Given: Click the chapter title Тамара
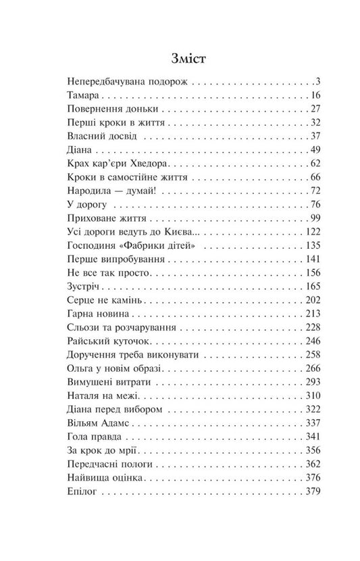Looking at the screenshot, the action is (85, 95).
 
